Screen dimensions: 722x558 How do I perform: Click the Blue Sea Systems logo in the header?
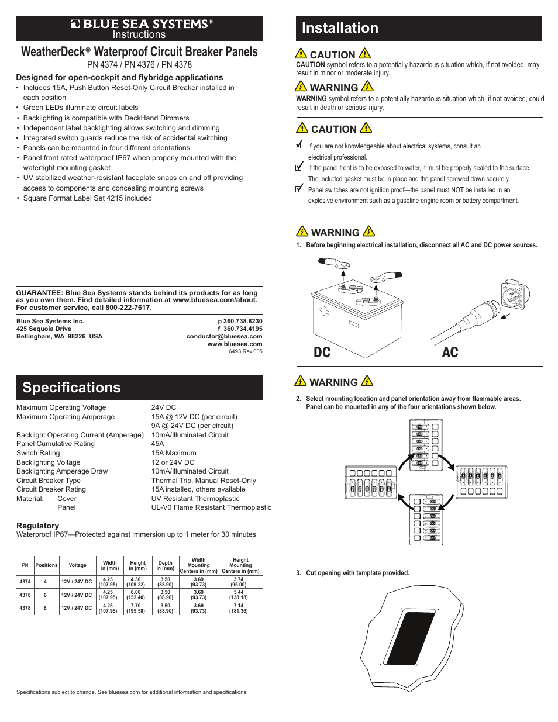click(x=139, y=24)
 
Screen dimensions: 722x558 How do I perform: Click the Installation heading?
click(x=340, y=28)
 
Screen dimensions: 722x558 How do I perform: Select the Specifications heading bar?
click(x=139, y=388)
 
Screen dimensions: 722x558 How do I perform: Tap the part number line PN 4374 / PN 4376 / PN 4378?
click(x=139, y=65)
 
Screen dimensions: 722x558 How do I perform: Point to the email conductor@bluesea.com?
click(x=224, y=336)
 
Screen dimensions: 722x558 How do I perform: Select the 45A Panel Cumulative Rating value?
click(x=157, y=444)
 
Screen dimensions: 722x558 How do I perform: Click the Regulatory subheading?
click(x=37, y=526)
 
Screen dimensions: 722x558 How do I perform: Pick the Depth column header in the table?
click(x=166, y=565)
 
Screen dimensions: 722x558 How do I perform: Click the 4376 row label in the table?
click(x=25, y=595)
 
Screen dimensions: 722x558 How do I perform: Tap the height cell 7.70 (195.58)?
click(x=136, y=608)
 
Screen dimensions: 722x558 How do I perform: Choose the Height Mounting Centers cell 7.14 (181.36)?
click(x=239, y=608)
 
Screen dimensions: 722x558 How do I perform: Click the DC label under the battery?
click(x=322, y=352)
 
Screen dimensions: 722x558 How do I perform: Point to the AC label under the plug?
click(x=450, y=352)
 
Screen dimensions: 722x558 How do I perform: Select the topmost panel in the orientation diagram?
click(x=425, y=445)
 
